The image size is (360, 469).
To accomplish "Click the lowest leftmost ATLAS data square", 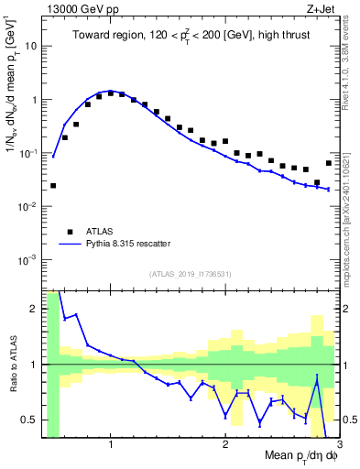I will tap(53, 185).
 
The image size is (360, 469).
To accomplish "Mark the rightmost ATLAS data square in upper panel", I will tap(329, 163).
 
